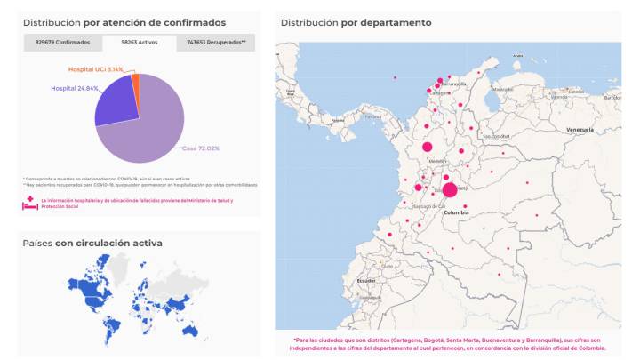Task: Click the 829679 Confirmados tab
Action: tap(62, 42)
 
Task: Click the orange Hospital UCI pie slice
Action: tap(135, 81)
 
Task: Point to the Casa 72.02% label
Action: tap(201, 148)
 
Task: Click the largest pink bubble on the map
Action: tap(450, 190)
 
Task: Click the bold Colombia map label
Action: tap(455, 212)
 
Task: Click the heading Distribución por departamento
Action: tap(356, 22)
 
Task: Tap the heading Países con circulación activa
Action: tap(92, 243)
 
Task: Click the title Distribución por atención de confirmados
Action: tap(124, 22)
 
